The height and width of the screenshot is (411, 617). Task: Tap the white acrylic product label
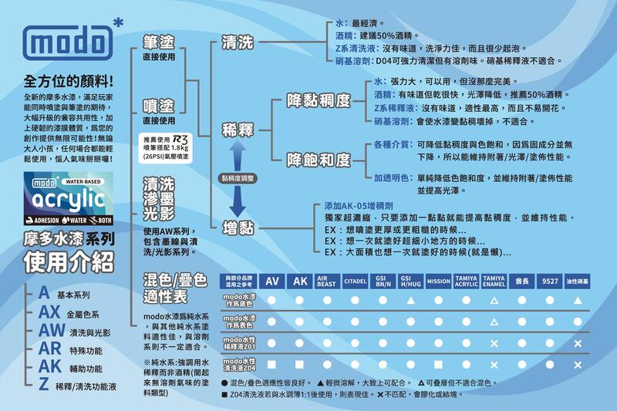point(68,197)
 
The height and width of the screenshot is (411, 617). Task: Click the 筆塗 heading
point(158,42)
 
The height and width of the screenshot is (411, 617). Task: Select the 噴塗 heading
point(158,106)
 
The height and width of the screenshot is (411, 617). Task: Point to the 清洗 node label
point(237,42)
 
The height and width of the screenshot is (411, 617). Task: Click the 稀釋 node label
point(237,129)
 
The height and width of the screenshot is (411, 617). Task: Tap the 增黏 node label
point(237,227)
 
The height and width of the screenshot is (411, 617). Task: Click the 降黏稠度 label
point(318,100)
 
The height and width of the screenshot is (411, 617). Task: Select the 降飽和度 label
point(318,160)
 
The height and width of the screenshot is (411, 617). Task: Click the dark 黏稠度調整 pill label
point(237,177)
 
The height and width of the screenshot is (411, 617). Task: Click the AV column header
point(272,281)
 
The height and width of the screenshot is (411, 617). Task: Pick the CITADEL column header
point(355,281)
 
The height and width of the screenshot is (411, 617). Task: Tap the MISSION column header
point(438,281)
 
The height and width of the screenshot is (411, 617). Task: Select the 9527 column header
point(549,281)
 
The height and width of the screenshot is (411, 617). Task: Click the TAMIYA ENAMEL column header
point(494,281)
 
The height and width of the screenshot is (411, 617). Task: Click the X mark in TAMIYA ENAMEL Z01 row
point(494,342)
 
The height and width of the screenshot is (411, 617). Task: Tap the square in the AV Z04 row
point(272,364)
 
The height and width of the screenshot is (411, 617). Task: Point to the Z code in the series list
point(44,383)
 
